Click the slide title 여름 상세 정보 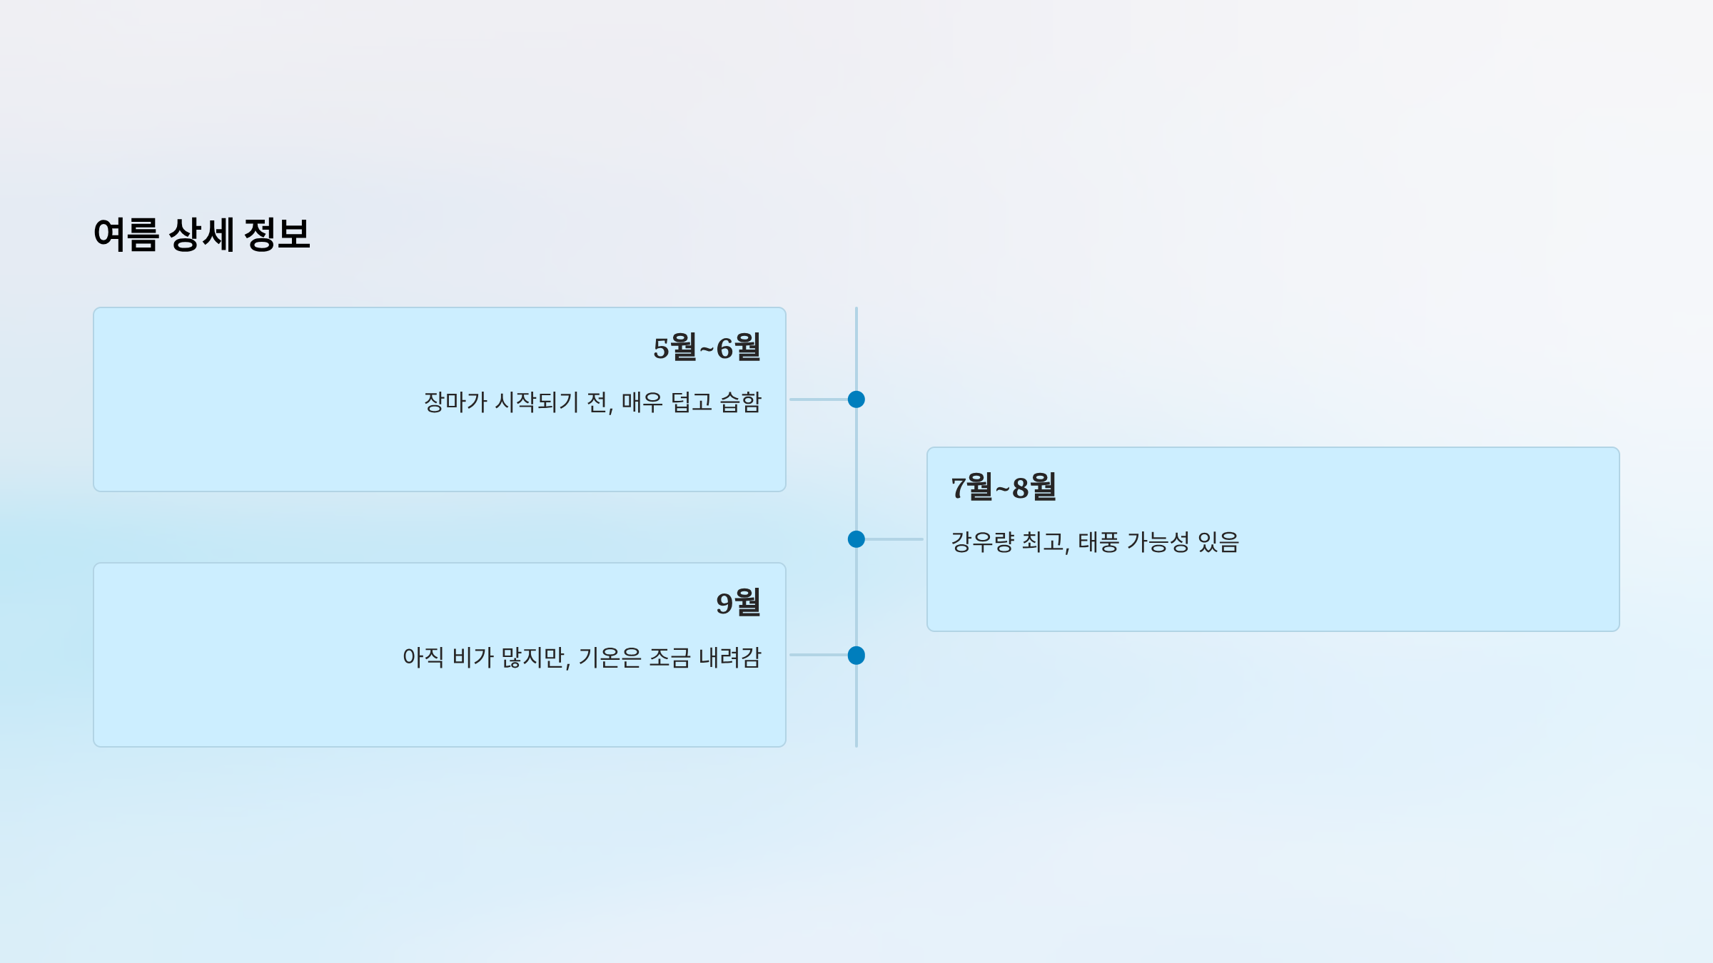[x=202, y=235]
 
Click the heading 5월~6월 [x=707, y=348]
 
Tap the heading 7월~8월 [x=1004, y=488]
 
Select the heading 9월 [x=738, y=603]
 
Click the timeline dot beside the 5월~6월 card [x=856, y=399]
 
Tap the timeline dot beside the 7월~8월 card [x=856, y=539]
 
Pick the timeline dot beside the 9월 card [x=856, y=656]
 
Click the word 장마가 [x=455, y=402]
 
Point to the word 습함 [x=741, y=402]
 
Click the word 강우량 [x=982, y=542]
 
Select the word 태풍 [x=1098, y=542]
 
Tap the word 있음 [x=1218, y=542]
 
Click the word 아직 [x=423, y=658]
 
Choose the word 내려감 [x=730, y=658]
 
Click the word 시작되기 [x=537, y=402]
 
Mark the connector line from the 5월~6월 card [x=818, y=399]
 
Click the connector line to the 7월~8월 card [x=894, y=539]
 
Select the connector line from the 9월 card [x=818, y=655]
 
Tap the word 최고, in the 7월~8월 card [x=1046, y=542]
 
